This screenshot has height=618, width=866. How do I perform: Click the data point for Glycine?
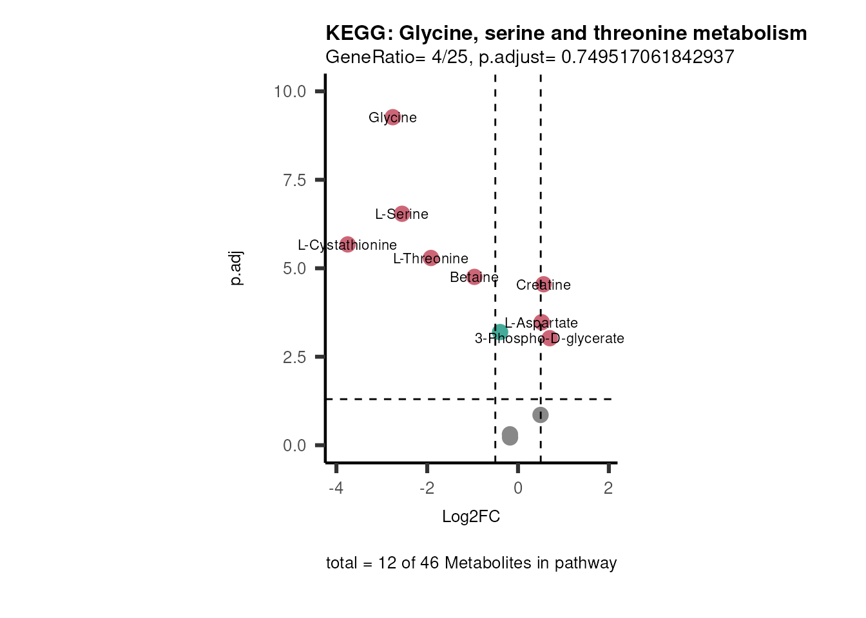(x=392, y=117)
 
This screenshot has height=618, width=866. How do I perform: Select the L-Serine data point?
(x=402, y=214)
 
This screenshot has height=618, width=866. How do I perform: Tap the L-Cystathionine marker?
(x=347, y=244)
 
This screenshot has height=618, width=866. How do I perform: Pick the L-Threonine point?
(x=431, y=257)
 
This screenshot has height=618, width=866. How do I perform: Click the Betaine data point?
(x=474, y=277)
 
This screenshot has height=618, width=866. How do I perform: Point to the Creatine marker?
(x=543, y=284)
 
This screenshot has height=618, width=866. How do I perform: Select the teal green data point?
(x=500, y=332)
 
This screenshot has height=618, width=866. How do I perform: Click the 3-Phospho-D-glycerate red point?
(x=549, y=337)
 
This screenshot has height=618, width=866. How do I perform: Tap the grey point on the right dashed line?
(x=541, y=415)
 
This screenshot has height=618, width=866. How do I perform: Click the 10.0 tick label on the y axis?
(x=290, y=91)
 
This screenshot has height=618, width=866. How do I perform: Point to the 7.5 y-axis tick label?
(x=294, y=180)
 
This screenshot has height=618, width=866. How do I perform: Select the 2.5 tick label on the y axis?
(x=294, y=357)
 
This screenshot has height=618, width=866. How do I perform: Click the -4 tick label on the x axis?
(x=336, y=489)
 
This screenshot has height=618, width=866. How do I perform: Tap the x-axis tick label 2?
(x=608, y=489)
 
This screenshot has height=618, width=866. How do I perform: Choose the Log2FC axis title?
(x=471, y=517)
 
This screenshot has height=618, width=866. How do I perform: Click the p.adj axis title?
(x=236, y=268)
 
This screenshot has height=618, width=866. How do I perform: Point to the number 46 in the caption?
(x=430, y=563)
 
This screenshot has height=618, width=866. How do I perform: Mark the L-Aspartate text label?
(x=541, y=323)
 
